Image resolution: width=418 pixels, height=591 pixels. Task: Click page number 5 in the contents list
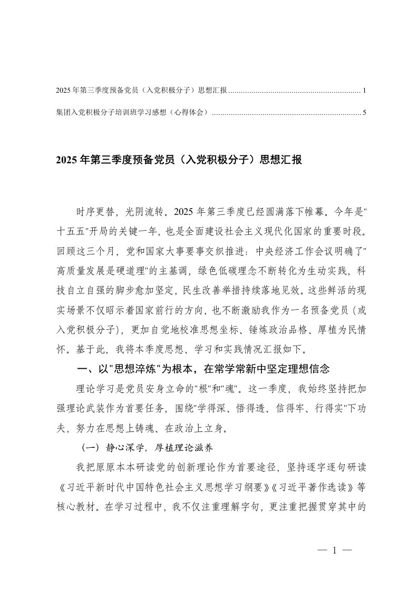point(364,112)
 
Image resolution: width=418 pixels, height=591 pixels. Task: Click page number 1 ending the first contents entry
point(364,91)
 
